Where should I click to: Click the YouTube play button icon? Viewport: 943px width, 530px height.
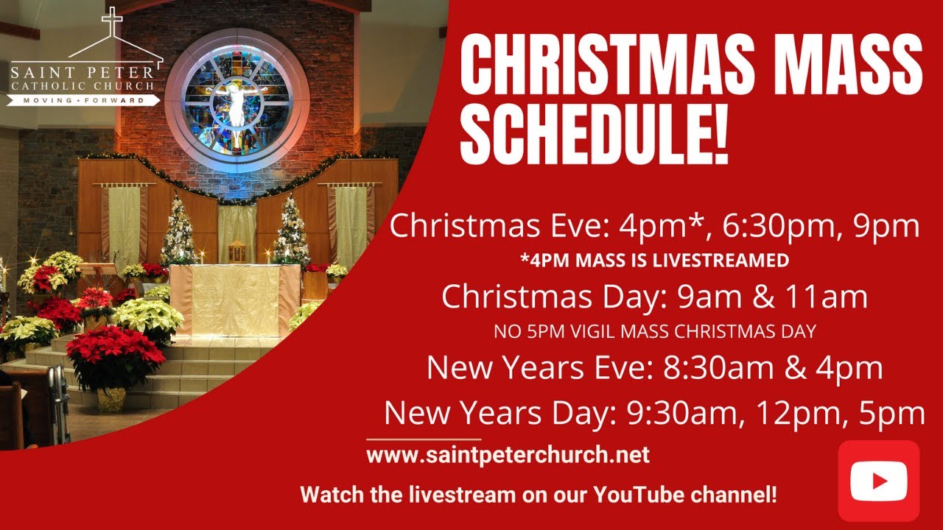coord(879,481)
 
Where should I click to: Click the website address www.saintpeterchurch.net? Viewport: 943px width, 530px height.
coord(508,455)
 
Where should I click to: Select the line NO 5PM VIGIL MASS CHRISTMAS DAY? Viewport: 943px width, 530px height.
coord(654,331)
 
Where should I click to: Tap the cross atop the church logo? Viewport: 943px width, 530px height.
coord(112,22)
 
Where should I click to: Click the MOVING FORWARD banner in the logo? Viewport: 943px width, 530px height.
coord(83,99)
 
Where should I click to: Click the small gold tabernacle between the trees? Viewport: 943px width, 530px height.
coord(237,251)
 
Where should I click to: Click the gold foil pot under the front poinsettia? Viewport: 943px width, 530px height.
coord(112,399)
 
